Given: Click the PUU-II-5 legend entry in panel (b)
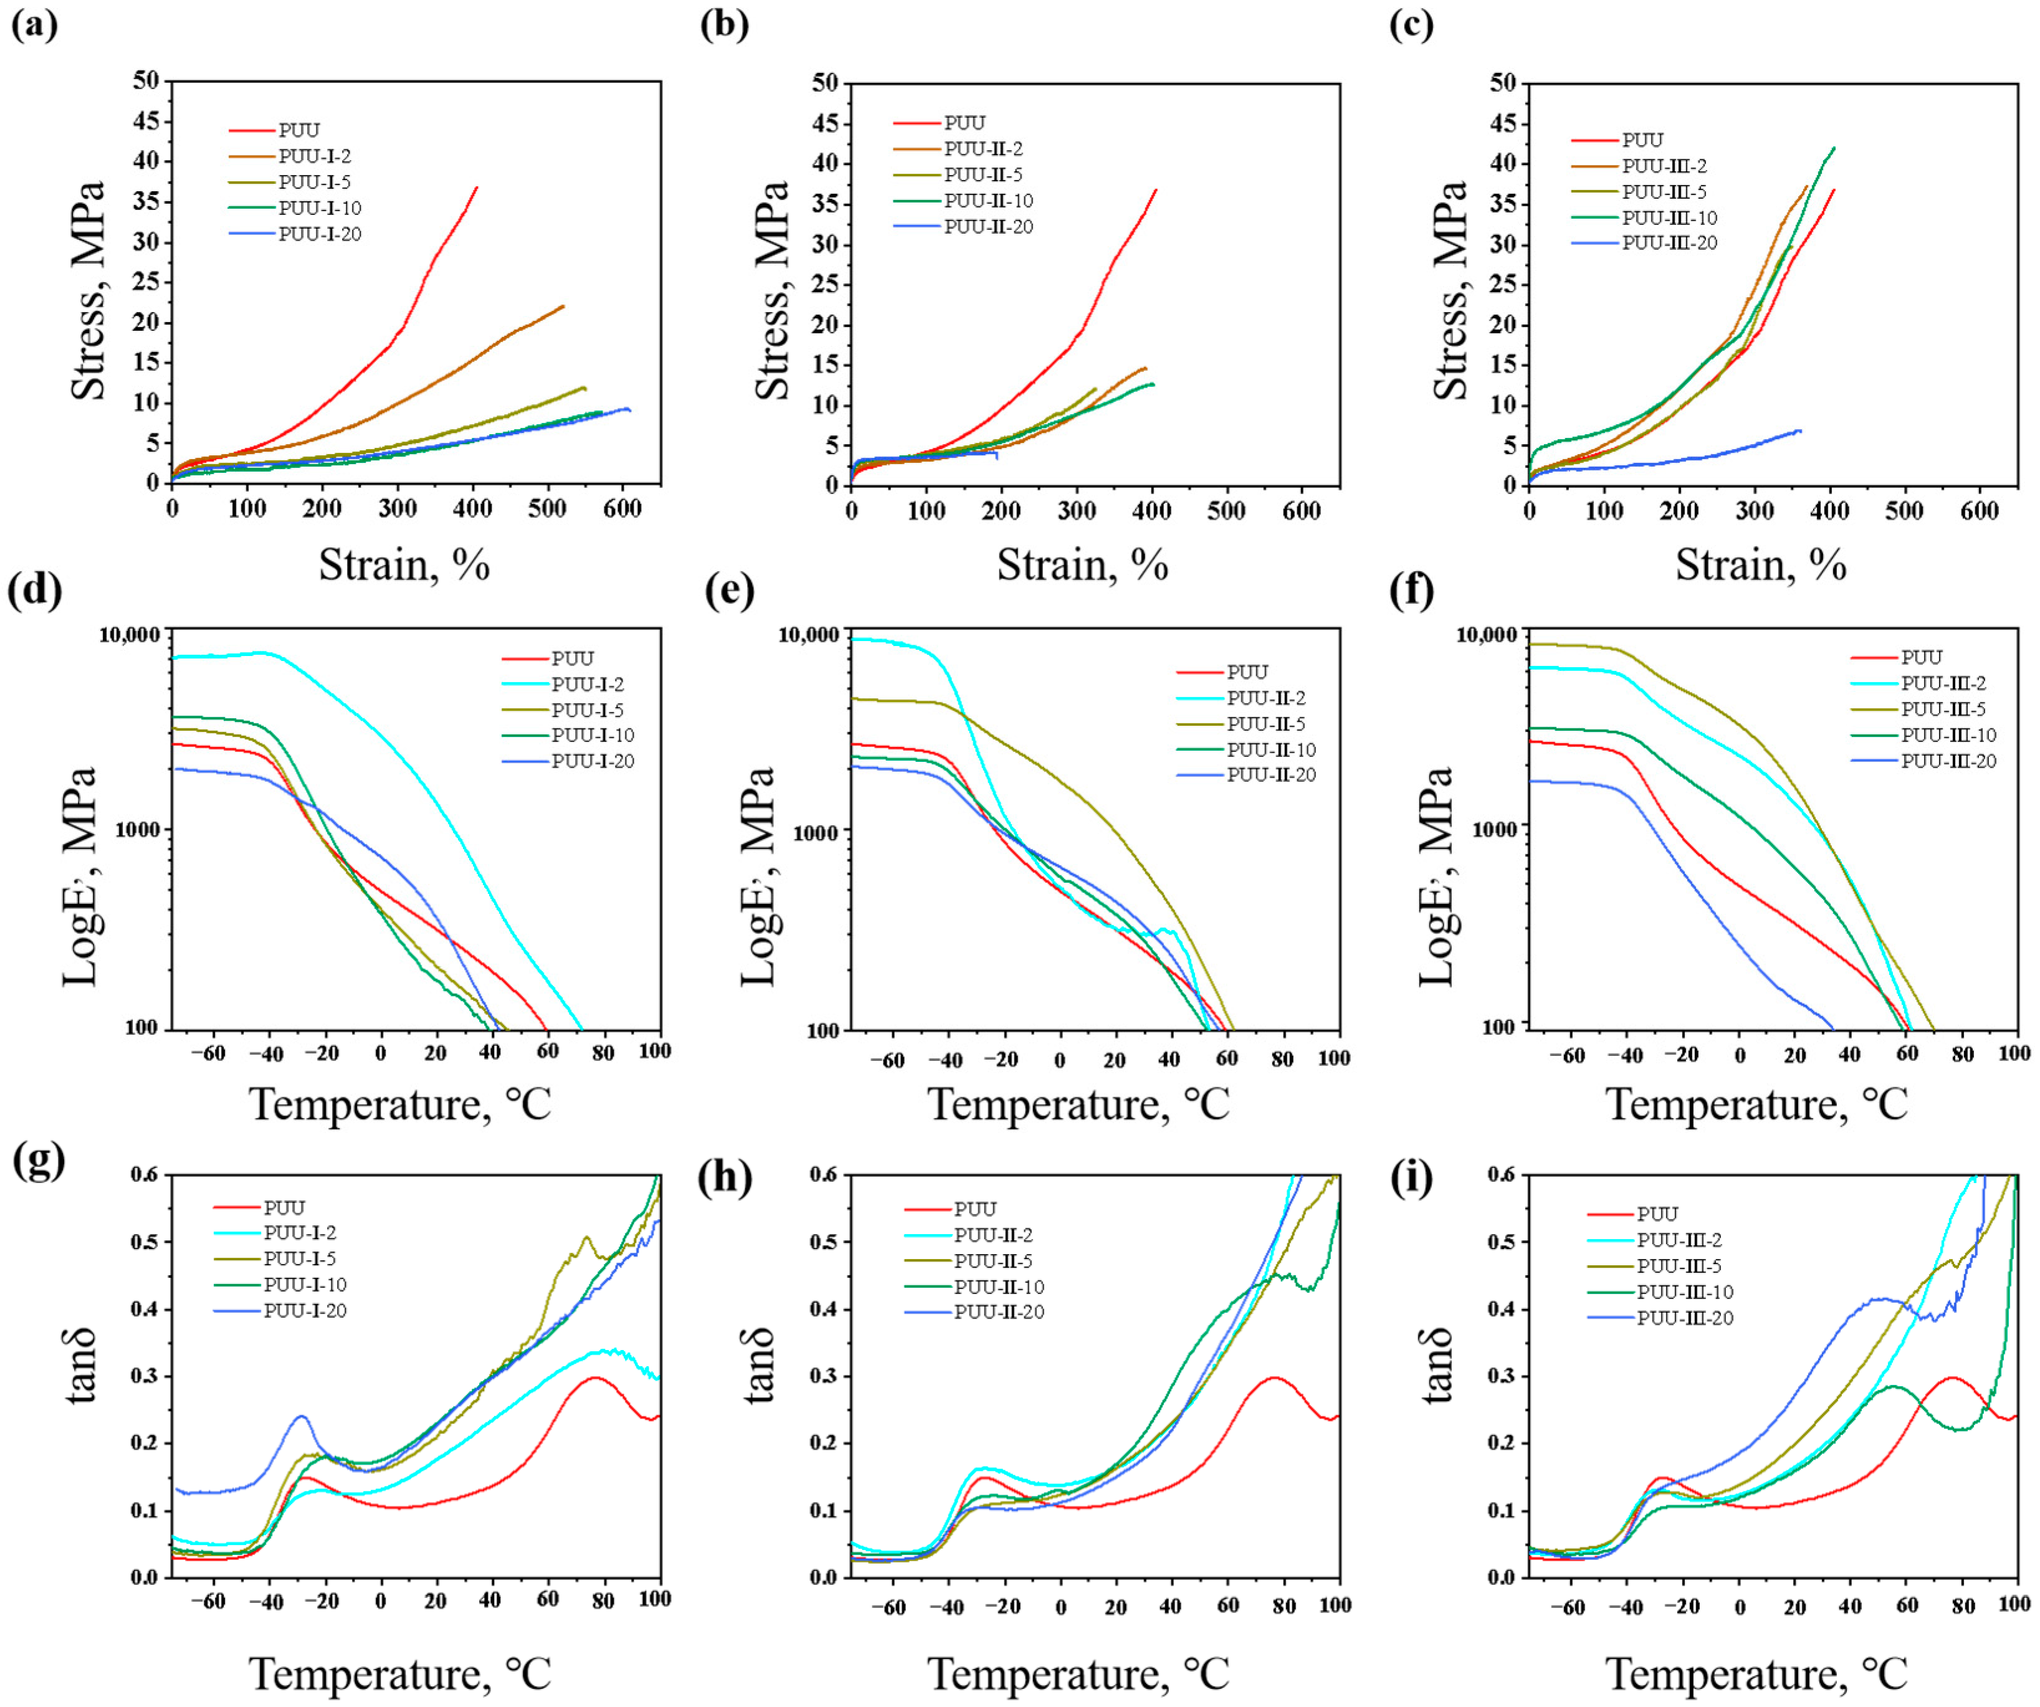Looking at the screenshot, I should point(983,175).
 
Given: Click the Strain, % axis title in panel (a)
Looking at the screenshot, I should point(404,564).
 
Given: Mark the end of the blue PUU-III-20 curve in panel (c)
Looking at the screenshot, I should point(1800,430).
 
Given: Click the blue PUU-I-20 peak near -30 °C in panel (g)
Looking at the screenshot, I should point(301,1417).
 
